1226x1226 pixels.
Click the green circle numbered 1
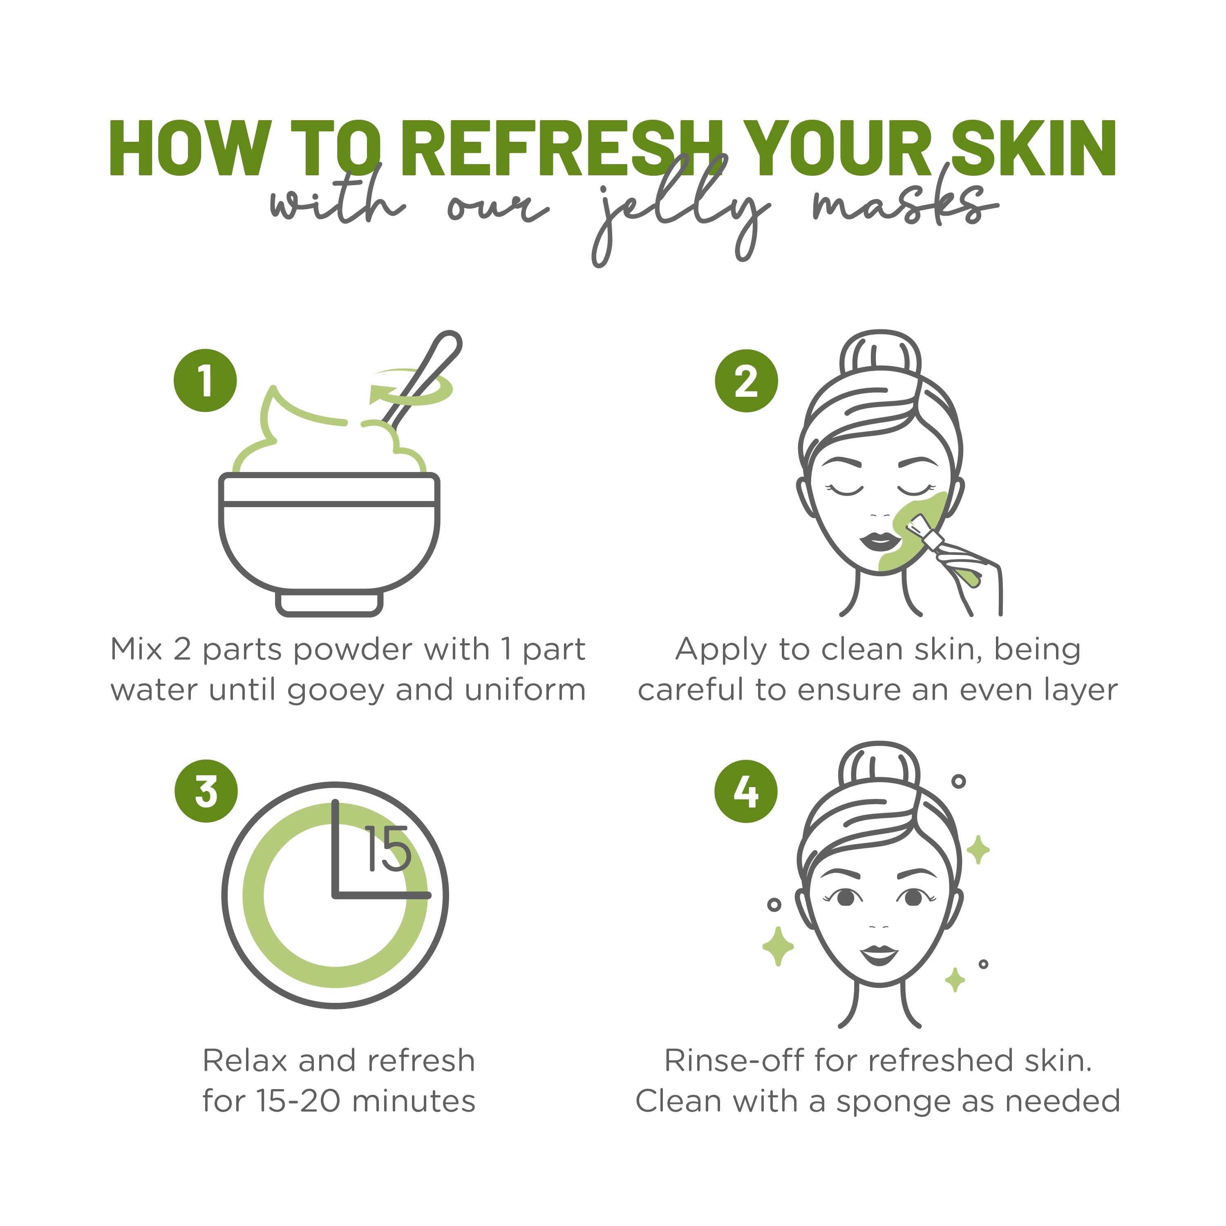point(205,381)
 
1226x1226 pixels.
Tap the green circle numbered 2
point(746,381)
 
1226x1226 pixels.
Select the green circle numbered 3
point(206,791)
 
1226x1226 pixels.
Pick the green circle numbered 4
point(746,791)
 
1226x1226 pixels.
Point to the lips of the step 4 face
point(879,953)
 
